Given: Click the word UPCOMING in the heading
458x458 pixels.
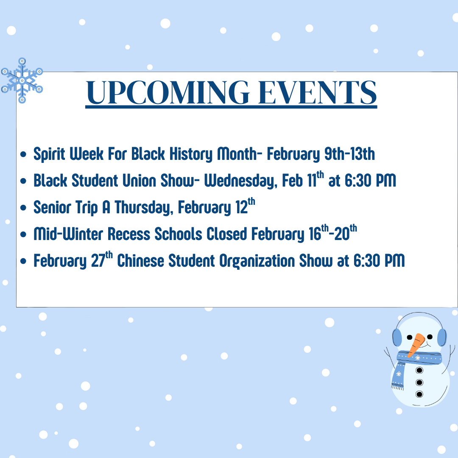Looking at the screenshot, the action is (x=168, y=92).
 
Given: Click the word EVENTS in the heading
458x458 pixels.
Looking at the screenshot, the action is (x=318, y=92).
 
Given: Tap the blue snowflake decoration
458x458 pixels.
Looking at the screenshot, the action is (x=22, y=80).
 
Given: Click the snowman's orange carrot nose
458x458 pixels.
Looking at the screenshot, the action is (x=416, y=345).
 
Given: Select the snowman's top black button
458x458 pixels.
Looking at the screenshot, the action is (x=419, y=370).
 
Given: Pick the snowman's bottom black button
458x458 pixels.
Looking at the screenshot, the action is (x=419, y=394).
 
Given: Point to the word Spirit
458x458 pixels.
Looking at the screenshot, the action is (x=49, y=154).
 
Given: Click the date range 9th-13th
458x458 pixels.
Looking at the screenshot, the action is (x=349, y=154).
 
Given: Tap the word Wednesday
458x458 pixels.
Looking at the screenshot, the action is (x=240, y=181).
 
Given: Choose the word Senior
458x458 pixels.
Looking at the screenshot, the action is (x=52, y=207).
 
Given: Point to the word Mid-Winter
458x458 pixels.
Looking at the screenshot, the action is (x=68, y=234).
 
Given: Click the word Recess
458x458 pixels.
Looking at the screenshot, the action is (x=129, y=234).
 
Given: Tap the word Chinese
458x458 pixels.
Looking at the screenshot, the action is (x=140, y=260).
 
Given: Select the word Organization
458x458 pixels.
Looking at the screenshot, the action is (x=257, y=261).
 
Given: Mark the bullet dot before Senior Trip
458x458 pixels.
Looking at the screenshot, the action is (x=23, y=208).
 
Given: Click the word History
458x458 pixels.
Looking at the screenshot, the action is (x=191, y=154).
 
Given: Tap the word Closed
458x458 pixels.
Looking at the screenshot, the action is (x=226, y=234).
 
